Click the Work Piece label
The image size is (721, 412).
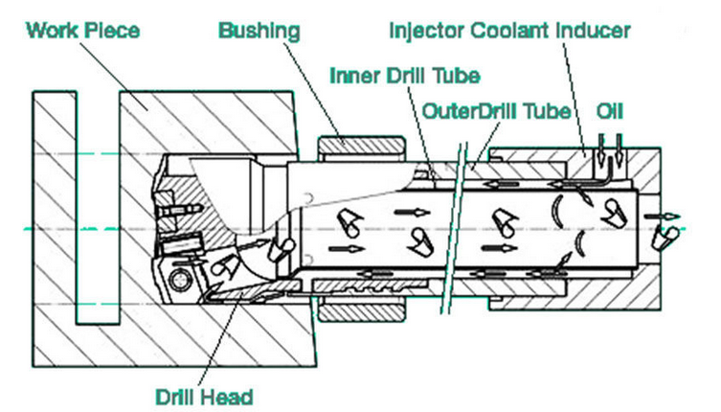pos(82,31)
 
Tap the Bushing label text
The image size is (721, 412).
pos(259,32)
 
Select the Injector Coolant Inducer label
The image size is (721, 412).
pos(509,31)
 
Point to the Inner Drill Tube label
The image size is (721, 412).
pos(405,76)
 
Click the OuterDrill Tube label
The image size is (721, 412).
pos(496,111)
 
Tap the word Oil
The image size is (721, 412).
pos(610,111)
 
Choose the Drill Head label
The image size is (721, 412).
pos(204,397)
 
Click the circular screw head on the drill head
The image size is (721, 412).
pos(180,280)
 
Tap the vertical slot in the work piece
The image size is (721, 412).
pos(98,207)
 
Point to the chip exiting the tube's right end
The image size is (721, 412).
pos(665,236)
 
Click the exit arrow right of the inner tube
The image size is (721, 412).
pos(663,217)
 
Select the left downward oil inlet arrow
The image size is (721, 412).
pos(601,150)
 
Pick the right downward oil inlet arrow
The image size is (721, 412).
pos(619,150)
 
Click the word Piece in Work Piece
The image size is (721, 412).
pos(113,31)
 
